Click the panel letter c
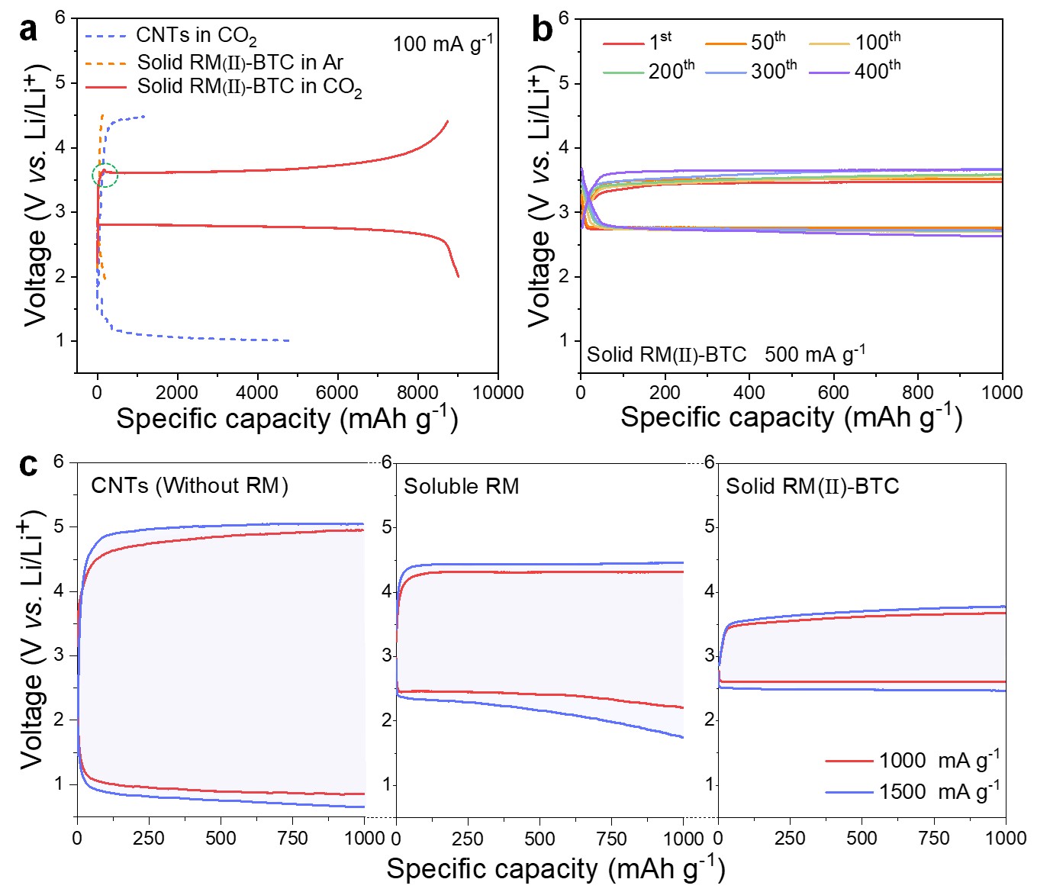tap(28, 464)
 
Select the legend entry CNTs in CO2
tap(196, 36)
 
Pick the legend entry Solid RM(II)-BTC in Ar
tap(240, 62)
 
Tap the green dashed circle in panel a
tap(105, 175)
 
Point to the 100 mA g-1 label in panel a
tap(443, 43)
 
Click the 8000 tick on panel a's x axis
tap(417, 392)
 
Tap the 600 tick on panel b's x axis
tap(833, 392)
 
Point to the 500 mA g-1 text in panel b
tap(815, 354)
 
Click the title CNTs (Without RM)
tap(189, 486)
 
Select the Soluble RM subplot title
tap(461, 486)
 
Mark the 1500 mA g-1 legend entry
tap(939, 791)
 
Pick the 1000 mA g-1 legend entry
tap(939, 760)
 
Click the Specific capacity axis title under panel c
tap(556, 869)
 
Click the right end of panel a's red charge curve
tap(448, 121)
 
